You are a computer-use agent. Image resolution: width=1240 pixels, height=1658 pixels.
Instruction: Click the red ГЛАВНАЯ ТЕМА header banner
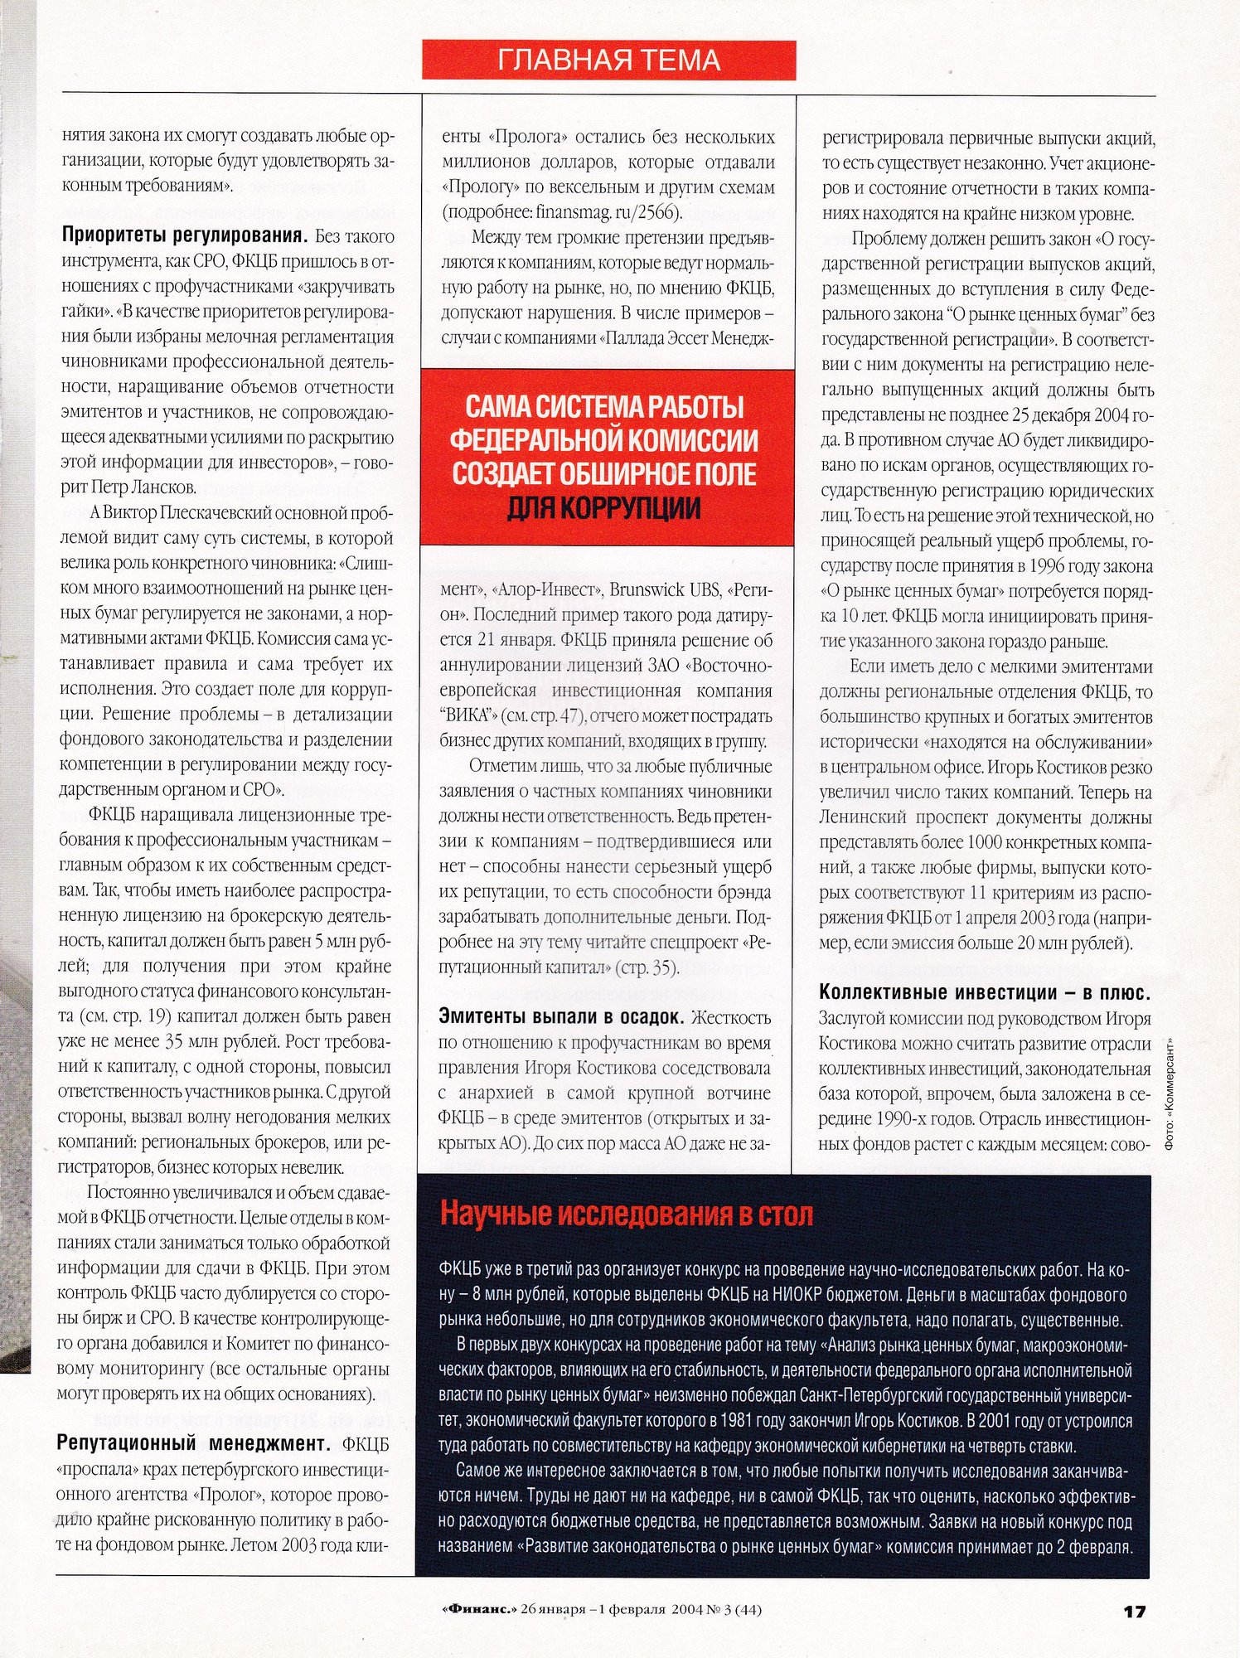[x=608, y=60]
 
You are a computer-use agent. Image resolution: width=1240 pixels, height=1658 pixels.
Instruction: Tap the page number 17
[x=1134, y=1611]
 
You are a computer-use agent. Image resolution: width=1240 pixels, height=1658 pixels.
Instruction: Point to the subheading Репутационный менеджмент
[x=194, y=1443]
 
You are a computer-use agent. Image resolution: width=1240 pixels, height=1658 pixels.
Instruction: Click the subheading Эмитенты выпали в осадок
[x=561, y=1017]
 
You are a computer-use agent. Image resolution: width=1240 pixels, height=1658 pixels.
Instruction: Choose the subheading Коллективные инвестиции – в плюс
[x=984, y=992]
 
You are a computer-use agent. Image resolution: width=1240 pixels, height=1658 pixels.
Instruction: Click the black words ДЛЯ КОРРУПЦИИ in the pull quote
[x=603, y=507]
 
